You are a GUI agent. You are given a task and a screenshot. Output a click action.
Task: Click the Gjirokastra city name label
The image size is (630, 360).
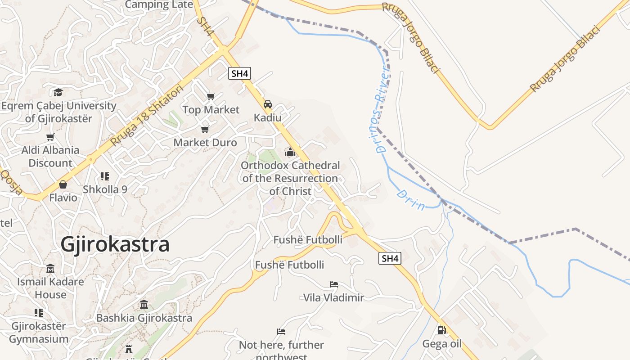pos(115,244)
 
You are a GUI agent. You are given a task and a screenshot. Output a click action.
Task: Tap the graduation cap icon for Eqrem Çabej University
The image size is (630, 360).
pos(58,93)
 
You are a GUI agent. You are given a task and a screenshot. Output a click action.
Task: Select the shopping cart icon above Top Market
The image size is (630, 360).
pos(211,96)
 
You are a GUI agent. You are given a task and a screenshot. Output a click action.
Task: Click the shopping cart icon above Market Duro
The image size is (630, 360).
pos(205,130)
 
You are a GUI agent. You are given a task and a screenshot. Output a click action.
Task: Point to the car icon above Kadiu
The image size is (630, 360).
pos(268,104)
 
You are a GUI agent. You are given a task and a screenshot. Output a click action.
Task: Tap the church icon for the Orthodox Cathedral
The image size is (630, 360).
pos(290,153)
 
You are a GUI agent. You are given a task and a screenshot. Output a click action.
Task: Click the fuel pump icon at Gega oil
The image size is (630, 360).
pos(442,331)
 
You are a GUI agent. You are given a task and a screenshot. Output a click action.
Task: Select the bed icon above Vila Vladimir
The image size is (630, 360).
pos(333,284)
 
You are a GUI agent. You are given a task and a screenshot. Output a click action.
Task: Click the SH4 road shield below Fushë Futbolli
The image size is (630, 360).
pos(389,258)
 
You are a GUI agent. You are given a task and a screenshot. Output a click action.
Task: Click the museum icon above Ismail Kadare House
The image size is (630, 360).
pos(50,269)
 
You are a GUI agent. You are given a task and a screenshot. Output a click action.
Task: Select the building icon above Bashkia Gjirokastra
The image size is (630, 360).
pos(144,305)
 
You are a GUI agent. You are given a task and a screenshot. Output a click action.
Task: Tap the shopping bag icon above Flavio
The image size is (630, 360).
pos(63,184)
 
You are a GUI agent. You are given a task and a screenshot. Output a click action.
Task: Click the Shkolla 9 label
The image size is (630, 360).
pos(105,189)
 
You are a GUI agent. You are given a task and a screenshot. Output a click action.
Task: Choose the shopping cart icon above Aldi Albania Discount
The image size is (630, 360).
pos(50,137)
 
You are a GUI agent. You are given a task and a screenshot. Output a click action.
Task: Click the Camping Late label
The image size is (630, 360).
pos(159,4)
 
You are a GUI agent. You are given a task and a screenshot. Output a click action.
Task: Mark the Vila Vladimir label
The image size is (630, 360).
pos(333,297)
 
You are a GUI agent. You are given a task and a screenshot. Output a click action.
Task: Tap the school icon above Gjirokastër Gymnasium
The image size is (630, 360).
pos(39,312)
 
